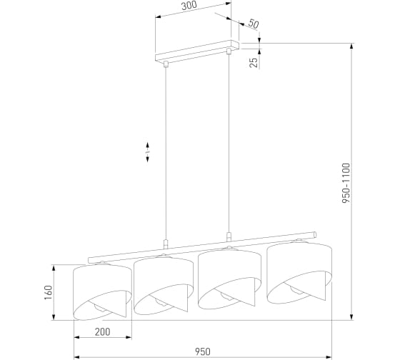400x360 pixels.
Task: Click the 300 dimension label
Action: click(x=189, y=6)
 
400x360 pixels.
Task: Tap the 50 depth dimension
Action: click(x=254, y=24)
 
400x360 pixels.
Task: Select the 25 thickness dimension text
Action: click(x=254, y=63)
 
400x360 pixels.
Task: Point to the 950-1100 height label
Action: click(x=346, y=183)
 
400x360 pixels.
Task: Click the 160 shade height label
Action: click(x=49, y=292)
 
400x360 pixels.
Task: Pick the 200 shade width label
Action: click(x=103, y=332)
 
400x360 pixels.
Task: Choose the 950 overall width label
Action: click(x=203, y=352)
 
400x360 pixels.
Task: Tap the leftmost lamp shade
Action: click(x=102, y=291)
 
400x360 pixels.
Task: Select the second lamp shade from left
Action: click(x=164, y=285)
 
